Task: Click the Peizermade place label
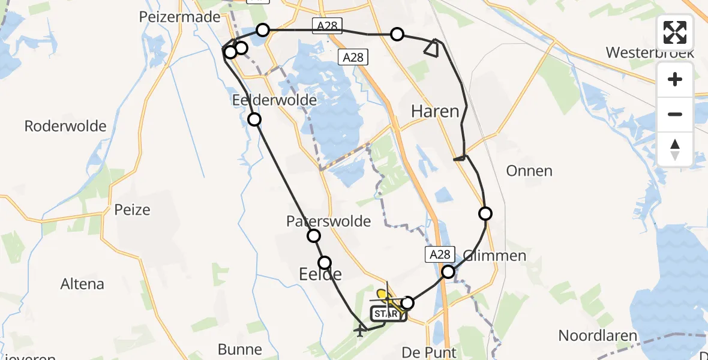point(179,17)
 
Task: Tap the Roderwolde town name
point(65,126)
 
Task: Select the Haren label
point(435,111)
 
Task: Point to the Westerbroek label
point(649,52)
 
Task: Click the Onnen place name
point(529,171)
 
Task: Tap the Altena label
point(82,284)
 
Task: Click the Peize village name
point(132,210)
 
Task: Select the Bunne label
point(239,349)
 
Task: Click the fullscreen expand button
point(675,32)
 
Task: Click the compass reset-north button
point(675,149)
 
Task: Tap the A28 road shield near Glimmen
point(439,254)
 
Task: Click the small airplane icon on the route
point(360,330)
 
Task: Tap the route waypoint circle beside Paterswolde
point(314,236)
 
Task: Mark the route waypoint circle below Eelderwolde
point(255,119)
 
